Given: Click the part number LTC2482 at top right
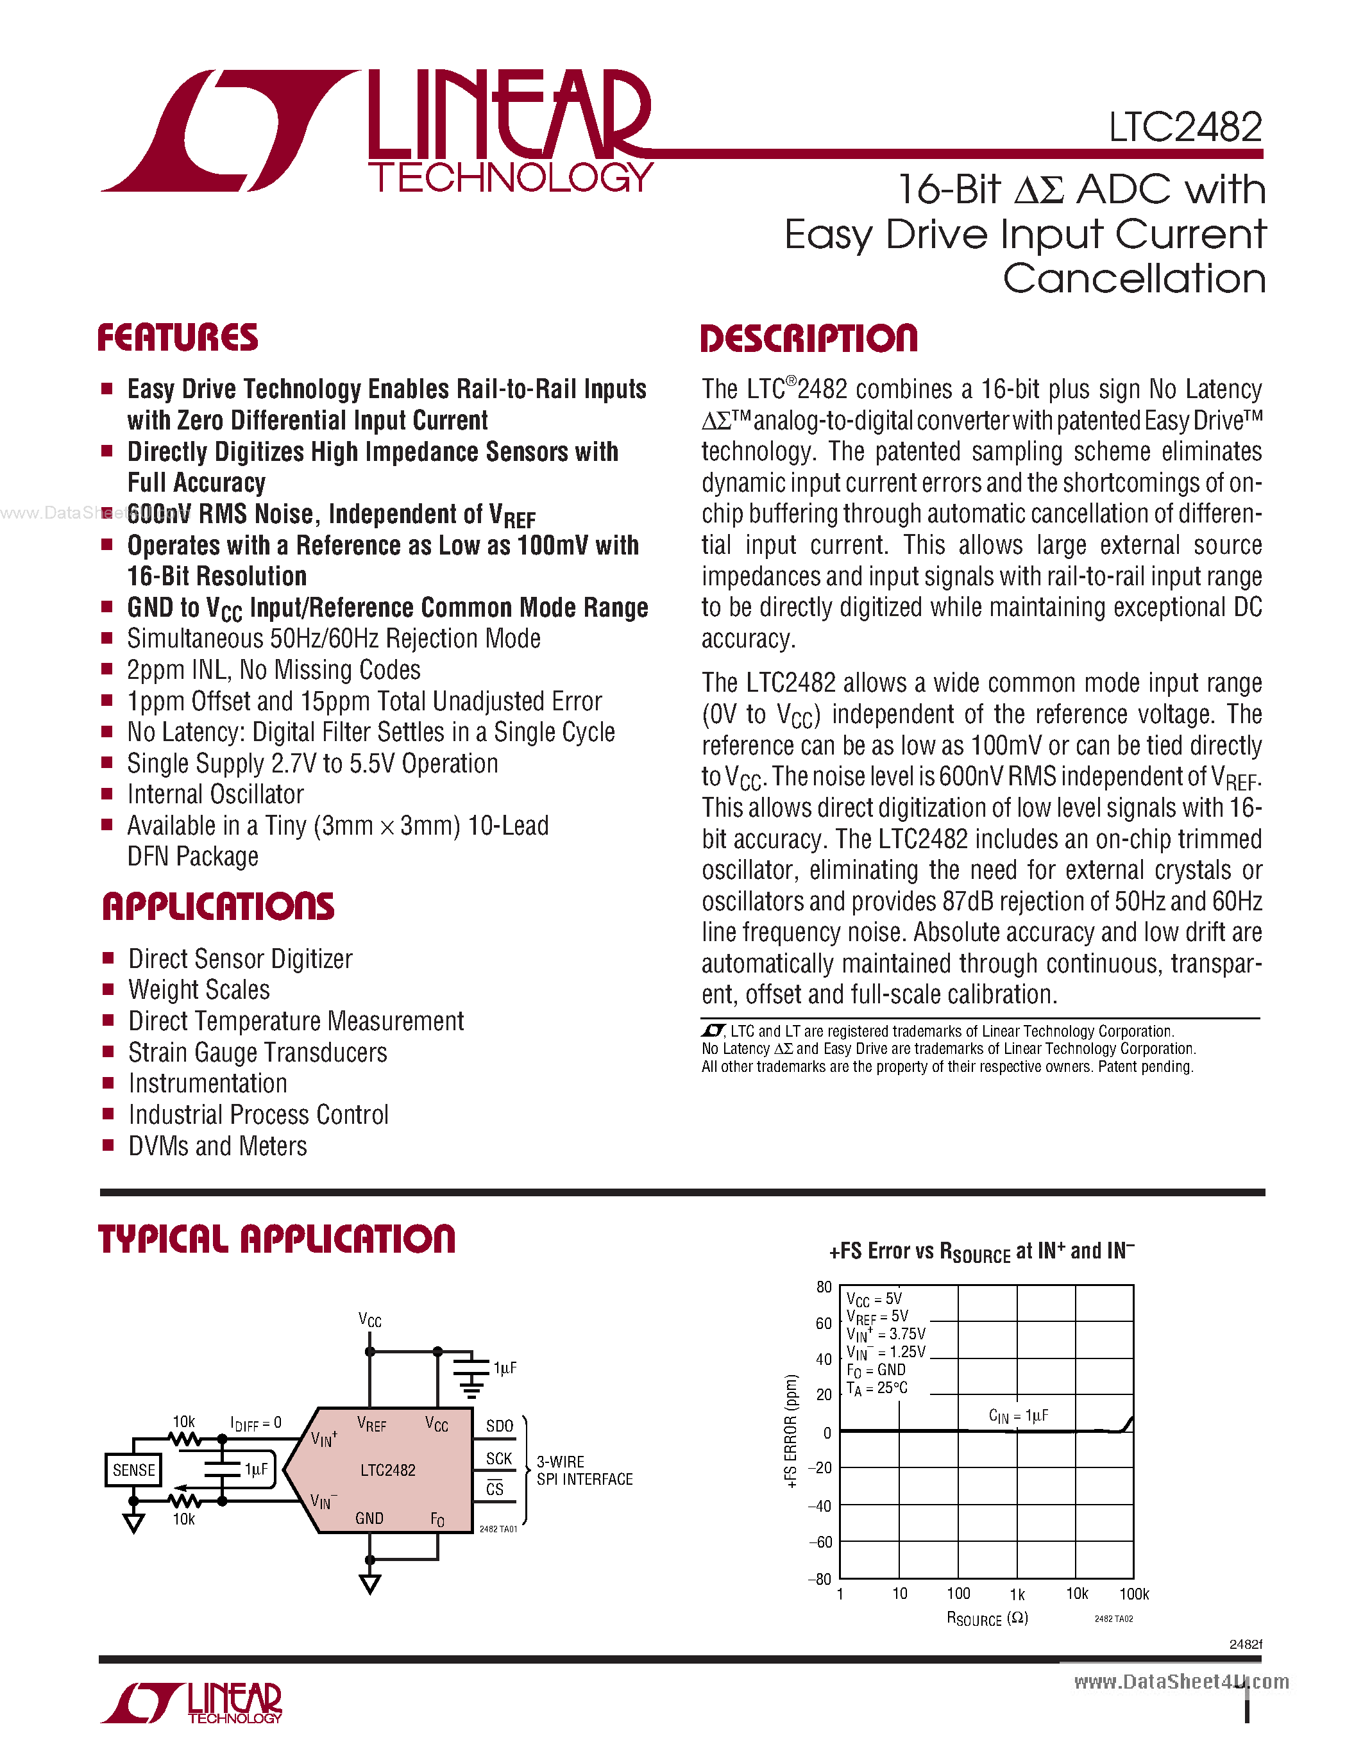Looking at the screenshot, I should (1185, 128).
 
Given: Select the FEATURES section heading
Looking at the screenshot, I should (178, 337).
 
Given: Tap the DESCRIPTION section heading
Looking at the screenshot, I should (808, 338).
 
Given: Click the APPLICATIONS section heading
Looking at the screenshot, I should (218, 907).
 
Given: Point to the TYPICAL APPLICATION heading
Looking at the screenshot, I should (276, 1239).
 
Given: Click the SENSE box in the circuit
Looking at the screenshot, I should (133, 1470).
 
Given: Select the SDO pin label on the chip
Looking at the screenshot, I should (499, 1426).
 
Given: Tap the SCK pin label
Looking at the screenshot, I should (499, 1458).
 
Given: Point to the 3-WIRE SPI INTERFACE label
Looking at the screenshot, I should (584, 1470).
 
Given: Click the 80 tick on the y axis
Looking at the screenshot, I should (823, 1287).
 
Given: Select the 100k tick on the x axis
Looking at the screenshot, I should (1133, 1594).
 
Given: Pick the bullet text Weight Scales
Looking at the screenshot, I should (199, 990).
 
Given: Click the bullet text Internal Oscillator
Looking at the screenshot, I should (216, 794).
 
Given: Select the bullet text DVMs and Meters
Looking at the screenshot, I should (218, 1146).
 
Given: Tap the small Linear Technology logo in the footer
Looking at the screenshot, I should (192, 1703).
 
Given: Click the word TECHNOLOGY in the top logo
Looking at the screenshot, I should (511, 178).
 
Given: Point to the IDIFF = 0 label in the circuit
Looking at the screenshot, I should (256, 1423).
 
